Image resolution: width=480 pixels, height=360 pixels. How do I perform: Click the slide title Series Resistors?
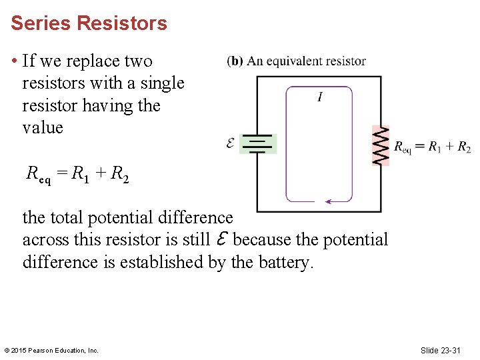pos(89,23)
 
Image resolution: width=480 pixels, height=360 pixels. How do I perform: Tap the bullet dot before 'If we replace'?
pos(14,61)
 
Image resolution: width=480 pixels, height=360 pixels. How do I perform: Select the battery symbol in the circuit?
pos(257,144)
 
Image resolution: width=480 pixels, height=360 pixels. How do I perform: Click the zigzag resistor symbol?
pos(380,145)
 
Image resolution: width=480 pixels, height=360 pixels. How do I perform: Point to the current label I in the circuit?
pos(320,98)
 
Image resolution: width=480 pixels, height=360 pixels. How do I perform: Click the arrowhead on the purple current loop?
pos(328,201)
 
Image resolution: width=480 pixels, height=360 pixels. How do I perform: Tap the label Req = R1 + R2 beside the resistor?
pos(432,147)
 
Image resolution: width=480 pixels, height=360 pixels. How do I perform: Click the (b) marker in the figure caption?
pos(235,61)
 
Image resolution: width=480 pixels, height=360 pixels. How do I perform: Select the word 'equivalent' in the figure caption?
pos(297,61)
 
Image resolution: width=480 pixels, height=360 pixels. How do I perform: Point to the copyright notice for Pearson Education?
pos(51,350)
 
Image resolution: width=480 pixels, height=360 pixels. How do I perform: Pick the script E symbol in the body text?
pos(223,239)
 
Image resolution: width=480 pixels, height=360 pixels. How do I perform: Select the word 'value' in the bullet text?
pos(43,127)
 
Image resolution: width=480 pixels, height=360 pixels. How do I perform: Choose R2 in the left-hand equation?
pos(120,175)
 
